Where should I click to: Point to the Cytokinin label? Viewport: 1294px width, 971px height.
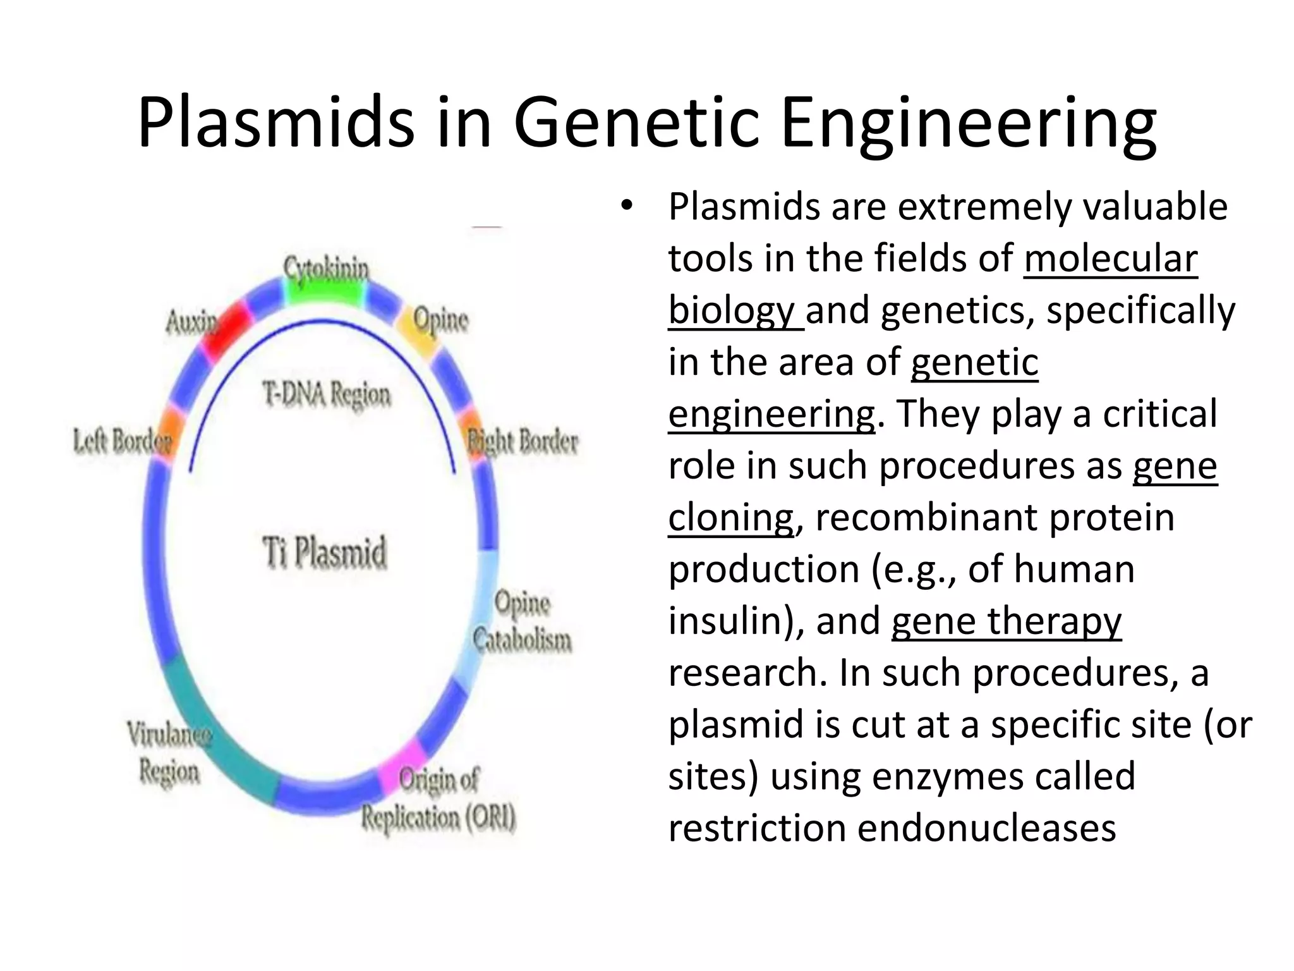[x=325, y=267]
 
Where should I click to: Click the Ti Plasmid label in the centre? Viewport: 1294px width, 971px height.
[x=324, y=552]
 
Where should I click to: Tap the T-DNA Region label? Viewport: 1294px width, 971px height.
[x=327, y=394]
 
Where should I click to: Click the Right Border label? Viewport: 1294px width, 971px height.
[x=523, y=441]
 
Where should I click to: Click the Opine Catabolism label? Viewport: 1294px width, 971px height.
[x=522, y=621]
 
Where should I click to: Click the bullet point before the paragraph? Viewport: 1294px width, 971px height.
[x=626, y=206]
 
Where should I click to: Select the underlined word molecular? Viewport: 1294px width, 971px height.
[x=1110, y=259]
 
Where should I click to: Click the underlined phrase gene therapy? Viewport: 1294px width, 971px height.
[x=1006, y=621]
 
